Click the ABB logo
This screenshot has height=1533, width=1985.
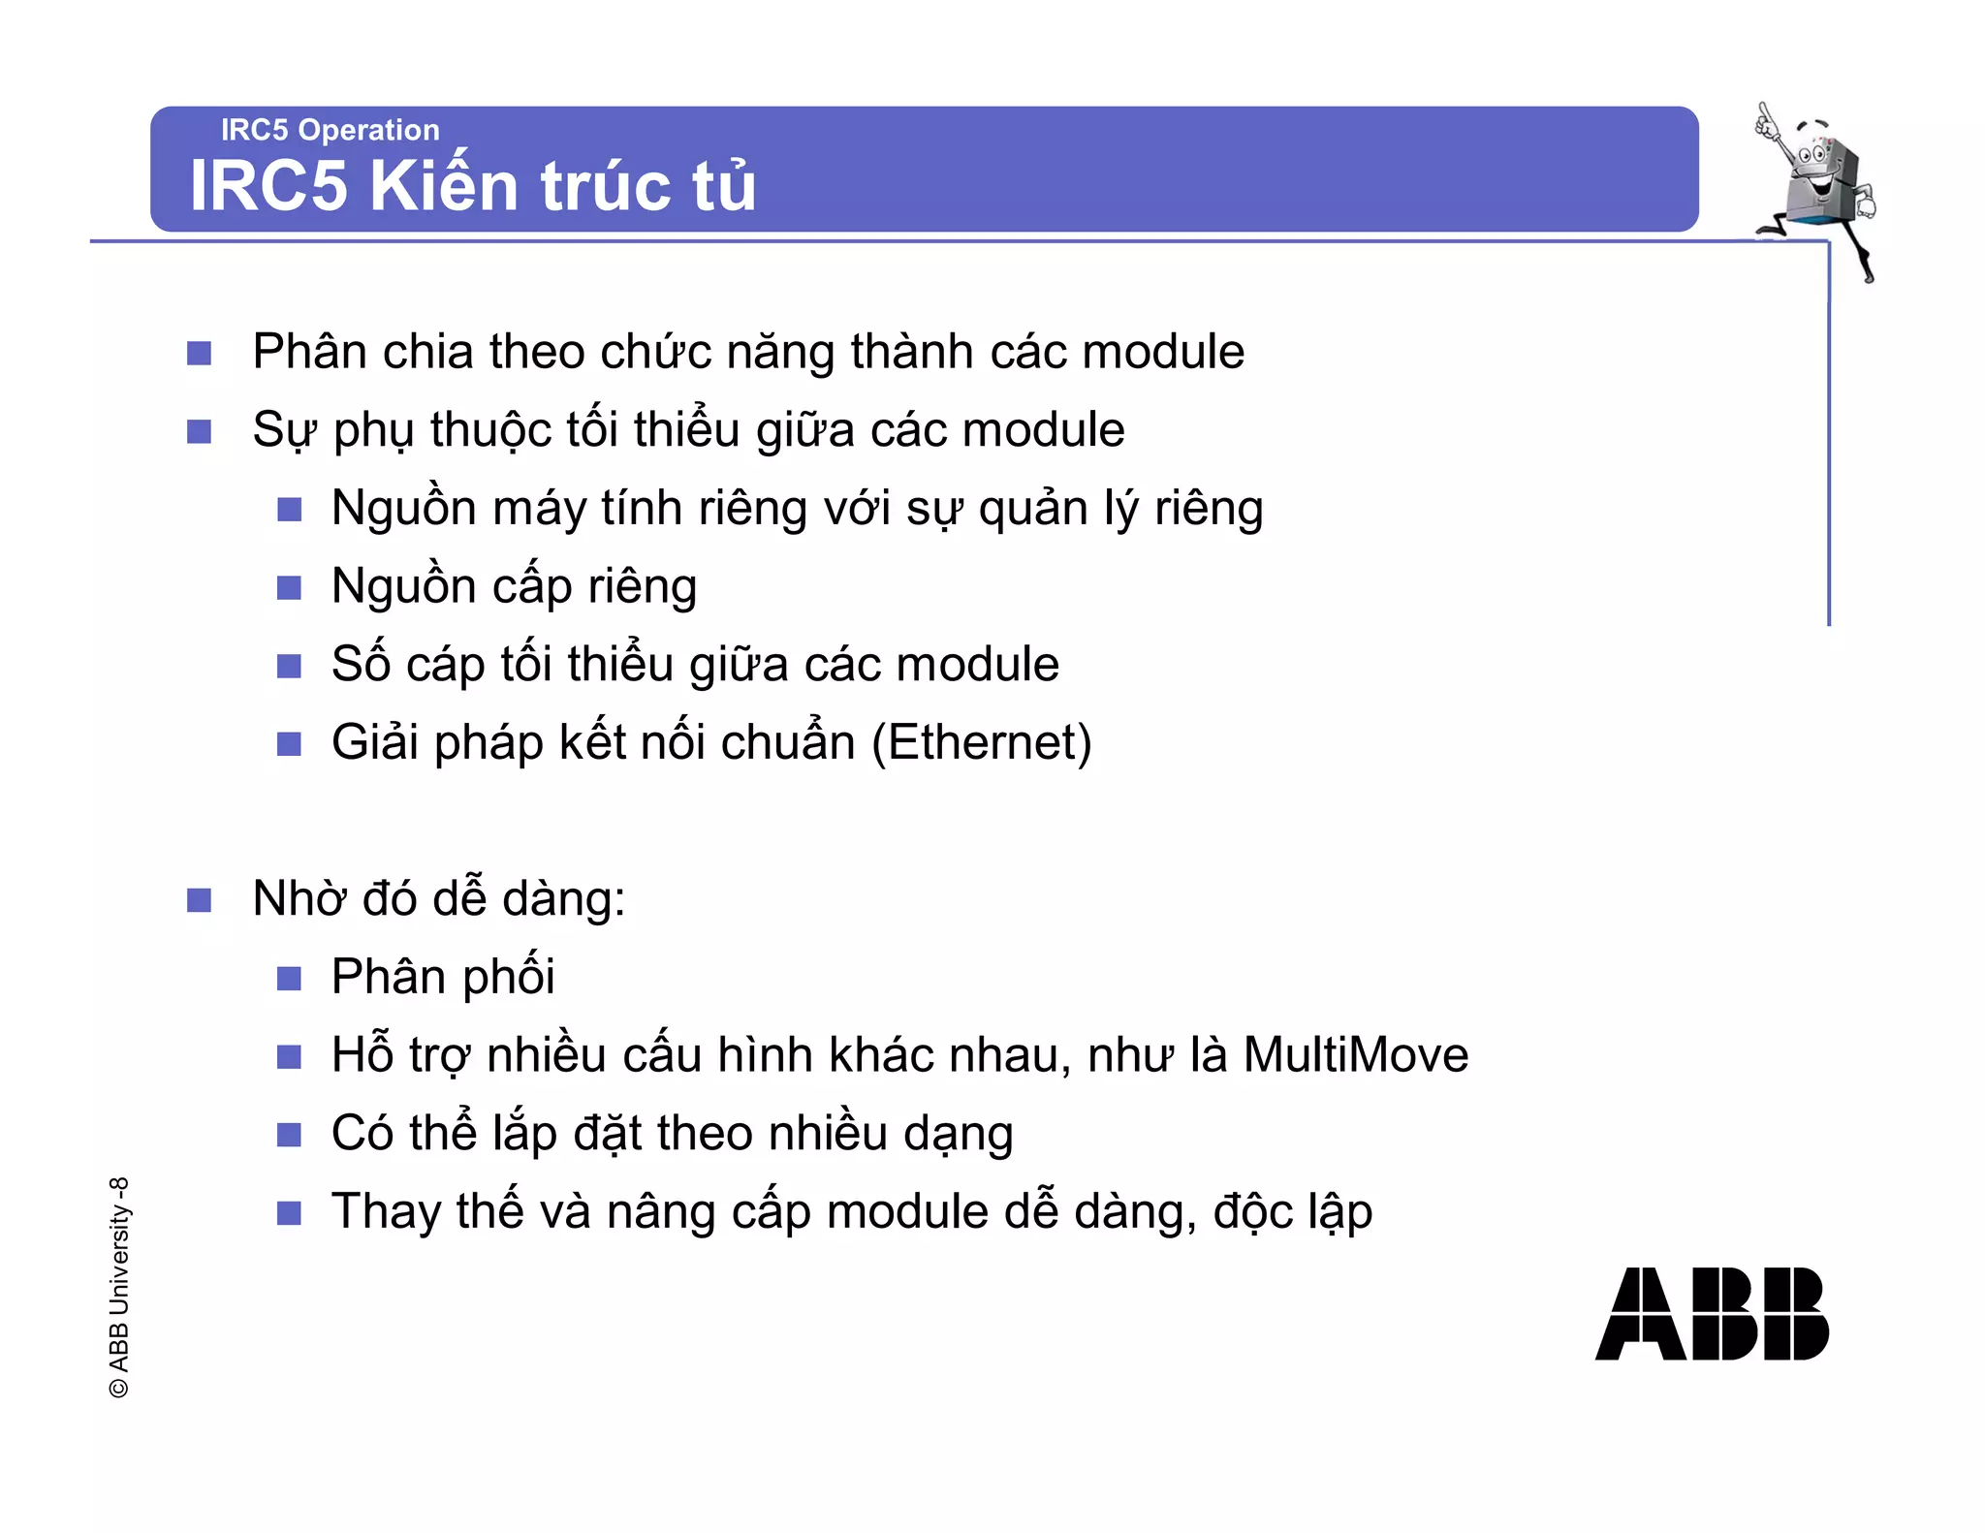click(1711, 1313)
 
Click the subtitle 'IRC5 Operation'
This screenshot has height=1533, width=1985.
click(330, 130)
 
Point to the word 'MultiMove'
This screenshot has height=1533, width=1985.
click(1355, 1055)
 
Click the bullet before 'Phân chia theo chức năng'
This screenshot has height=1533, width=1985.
click(200, 354)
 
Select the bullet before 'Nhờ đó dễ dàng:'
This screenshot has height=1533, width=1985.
click(200, 900)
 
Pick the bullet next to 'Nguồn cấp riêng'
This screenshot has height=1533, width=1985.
click(289, 588)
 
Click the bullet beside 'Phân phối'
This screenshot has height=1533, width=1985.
click(289, 979)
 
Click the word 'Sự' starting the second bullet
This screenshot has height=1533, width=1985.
click(283, 431)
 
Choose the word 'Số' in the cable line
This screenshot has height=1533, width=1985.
click(361, 665)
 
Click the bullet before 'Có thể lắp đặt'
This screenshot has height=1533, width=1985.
click(289, 1135)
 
